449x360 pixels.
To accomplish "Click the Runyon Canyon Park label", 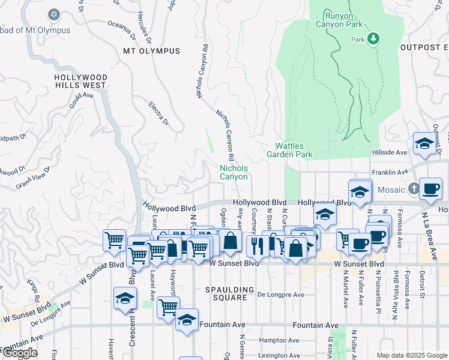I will [339, 20].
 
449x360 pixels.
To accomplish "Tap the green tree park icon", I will [373, 39].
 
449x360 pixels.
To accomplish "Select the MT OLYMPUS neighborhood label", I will [151, 51].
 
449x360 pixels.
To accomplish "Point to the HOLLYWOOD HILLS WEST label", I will [80, 82].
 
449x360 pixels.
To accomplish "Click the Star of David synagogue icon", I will [53, 14].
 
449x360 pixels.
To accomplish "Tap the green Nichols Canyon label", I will [234, 173].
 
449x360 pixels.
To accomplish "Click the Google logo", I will [20, 353].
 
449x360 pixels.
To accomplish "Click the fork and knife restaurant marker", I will [256, 244].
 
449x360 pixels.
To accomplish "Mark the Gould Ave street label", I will [81, 100].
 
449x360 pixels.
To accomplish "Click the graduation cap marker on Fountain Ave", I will [187, 320].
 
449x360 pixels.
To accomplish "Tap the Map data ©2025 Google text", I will [411, 355].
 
